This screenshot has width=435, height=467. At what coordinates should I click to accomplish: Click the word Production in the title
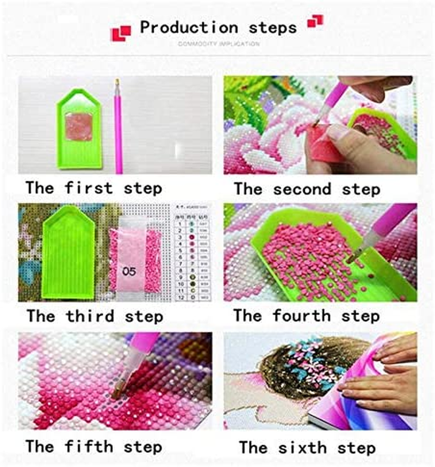click(189, 28)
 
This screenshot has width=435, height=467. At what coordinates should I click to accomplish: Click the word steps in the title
click(273, 28)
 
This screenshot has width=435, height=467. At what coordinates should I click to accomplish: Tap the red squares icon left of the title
click(121, 33)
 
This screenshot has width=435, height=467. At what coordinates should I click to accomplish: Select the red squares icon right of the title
click(315, 21)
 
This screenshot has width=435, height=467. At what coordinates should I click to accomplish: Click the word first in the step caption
click(89, 188)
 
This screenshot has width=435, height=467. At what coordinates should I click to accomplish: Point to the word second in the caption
click(302, 189)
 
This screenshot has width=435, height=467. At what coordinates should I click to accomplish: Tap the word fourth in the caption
click(302, 316)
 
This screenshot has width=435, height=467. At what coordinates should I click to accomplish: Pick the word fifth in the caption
click(89, 447)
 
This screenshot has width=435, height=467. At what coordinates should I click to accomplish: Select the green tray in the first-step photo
click(79, 128)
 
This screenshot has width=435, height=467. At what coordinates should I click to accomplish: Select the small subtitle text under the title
click(219, 44)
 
